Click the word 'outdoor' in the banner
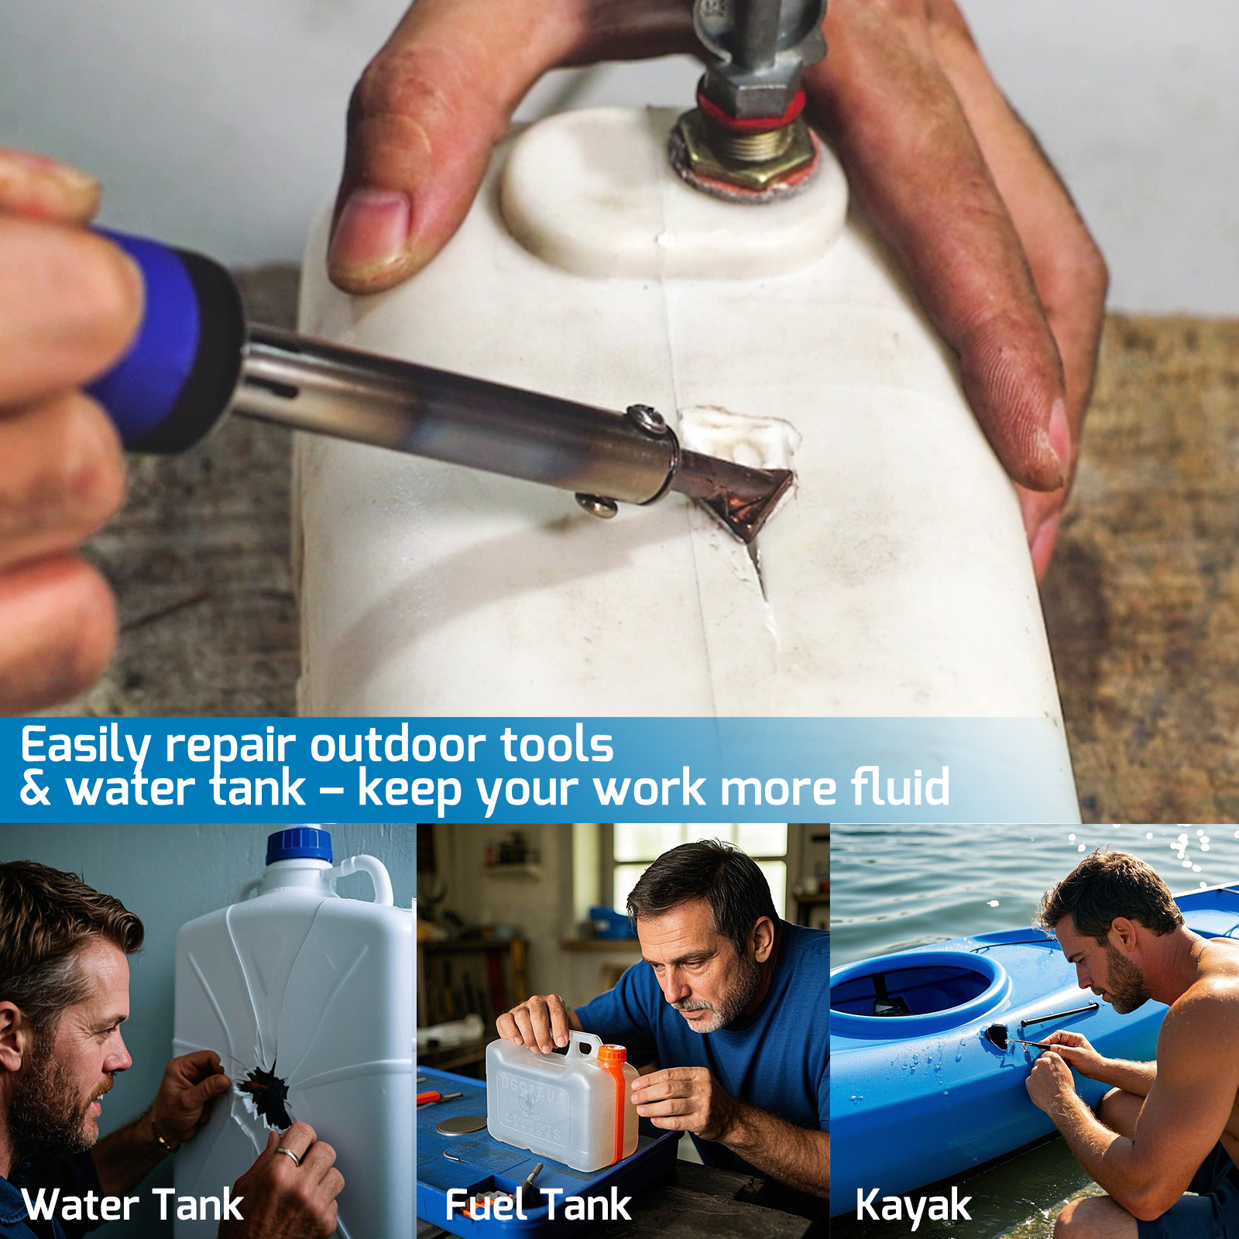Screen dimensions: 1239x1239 pos(397,745)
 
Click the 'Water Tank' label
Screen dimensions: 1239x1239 pos(133,1205)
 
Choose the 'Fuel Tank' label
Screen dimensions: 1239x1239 pos(538,1205)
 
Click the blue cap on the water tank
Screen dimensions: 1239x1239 pos(299,846)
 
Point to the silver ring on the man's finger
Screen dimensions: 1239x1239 pos(288,1156)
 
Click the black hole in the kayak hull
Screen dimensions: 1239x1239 pos(997,1035)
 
